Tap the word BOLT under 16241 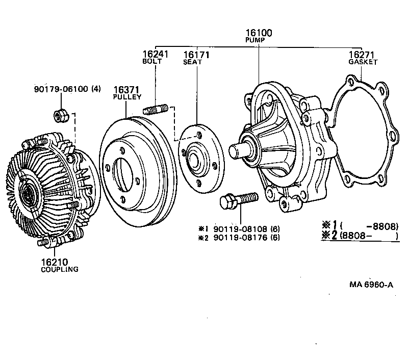152,61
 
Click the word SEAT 193,62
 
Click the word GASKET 363,62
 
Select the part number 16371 126,89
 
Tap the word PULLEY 127,97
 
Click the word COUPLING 60,269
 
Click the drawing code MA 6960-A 371,285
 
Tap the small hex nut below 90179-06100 59,116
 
